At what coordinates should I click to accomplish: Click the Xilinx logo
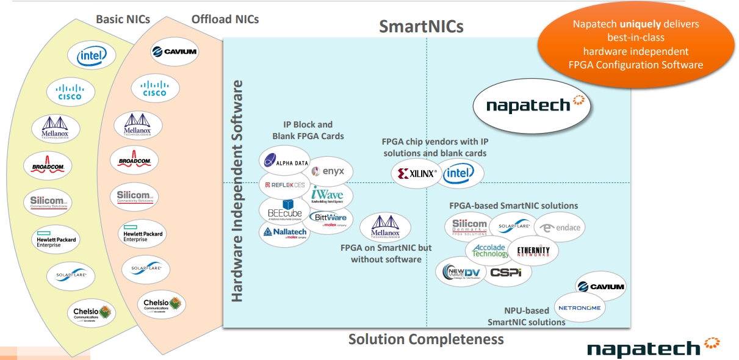(x=417, y=174)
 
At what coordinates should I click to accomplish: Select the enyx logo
(x=331, y=172)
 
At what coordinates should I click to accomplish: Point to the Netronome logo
(x=579, y=308)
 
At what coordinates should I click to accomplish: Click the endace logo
(x=560, y=228)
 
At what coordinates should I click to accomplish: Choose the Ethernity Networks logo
(x=533, y=251)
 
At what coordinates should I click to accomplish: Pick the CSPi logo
(x=506, y=272)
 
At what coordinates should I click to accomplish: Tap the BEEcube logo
(x=285, y=211)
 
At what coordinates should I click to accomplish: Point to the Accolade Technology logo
(x=490, y=250)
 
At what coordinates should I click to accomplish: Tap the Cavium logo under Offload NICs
(x=173, y=51)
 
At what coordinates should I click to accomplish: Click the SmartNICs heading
(x=421, y=26)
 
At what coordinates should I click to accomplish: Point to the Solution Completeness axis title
(x=425, y=339)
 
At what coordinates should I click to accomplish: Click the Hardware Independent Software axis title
(x=237, y=190)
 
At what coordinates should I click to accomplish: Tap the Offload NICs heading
(x=225, y=19)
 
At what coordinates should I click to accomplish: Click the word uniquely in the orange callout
(x=640, y=24)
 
